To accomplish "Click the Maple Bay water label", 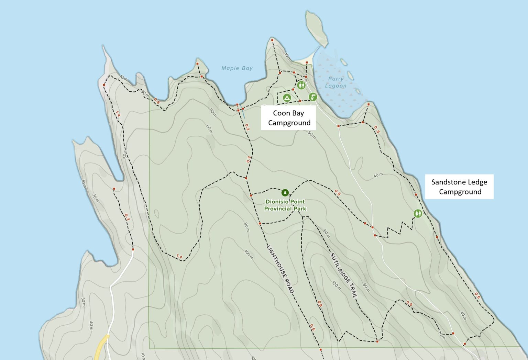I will (x=237, y=68).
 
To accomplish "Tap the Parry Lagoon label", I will (x=335, y=82).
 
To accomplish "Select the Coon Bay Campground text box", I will (x=288, y=118).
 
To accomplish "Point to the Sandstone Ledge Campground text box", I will (x=459, y=187).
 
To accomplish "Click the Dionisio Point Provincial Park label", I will (x=285, y=205).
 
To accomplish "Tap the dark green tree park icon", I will (x=285, y=193).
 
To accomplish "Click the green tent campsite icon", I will (x=287, y=98).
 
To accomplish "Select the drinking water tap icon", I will (x=312, y=97).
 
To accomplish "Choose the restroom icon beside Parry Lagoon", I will (x=301, y=85).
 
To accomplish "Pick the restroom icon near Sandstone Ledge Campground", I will (x=418, y=214).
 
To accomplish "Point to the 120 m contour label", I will (x=337, y=285).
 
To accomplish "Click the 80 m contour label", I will (x=326, y=234).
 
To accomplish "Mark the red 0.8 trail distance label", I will (x=320, y=304).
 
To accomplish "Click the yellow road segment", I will (x=102, y=347).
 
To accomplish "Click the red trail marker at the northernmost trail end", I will (x=272, y=41).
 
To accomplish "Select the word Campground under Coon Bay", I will (x=289, y=123).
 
